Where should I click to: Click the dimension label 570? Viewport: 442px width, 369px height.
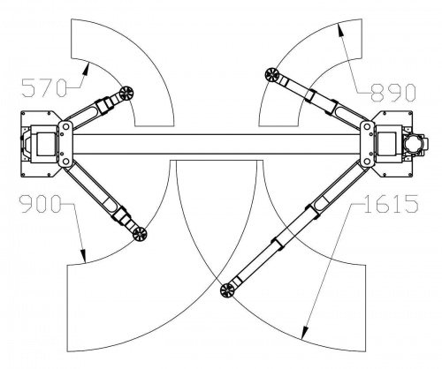click(x=43, y=88)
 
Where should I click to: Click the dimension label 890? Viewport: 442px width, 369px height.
click(x=392, y=93)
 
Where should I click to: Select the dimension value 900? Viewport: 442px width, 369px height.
click(x=40, y=204)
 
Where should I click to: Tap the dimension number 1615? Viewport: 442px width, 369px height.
click(x=391, y=204)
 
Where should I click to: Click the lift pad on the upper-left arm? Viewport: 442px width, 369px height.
click(x=126, y=94)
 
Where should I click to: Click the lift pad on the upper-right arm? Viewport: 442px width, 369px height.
click(x=271, y=75)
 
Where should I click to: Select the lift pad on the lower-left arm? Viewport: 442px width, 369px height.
click(x=140, y=234)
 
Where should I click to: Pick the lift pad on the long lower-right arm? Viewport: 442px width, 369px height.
click(x=227, y=290)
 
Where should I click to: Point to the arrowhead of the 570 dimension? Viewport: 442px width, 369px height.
click(x=86, y=69)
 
